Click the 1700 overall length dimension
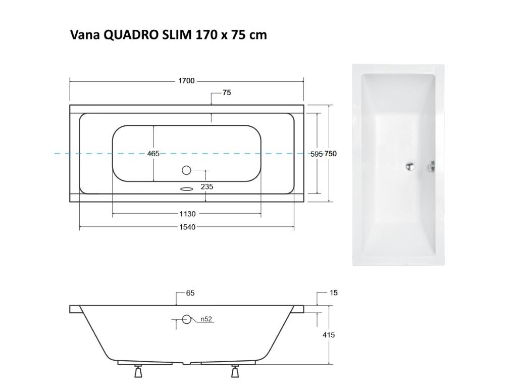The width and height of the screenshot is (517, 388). click(x=186, y=81)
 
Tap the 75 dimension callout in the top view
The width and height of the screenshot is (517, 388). click(x=227, y=92)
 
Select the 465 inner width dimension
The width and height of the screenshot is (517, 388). click(x=153, y=154)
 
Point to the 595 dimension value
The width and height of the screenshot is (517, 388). click(x=317, y=154)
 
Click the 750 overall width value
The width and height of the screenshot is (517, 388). click(x=331, y=154)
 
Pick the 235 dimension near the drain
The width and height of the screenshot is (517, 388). click(x=207, y=186)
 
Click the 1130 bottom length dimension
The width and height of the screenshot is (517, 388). click(x=187, y=214)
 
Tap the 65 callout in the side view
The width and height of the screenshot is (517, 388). click(x=190, y=293)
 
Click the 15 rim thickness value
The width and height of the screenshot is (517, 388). click(x=334, y=293)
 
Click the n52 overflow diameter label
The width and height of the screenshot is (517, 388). click(x=206, y=319)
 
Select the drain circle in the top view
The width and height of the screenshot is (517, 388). click(x=186, y=170)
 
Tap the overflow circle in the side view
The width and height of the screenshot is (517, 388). click(x=187, y=319)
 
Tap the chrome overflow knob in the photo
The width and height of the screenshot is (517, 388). click(x=432, y=167)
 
